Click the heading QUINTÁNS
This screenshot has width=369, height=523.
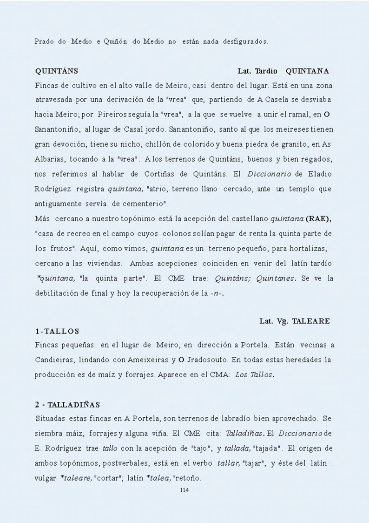(x=56, y=71)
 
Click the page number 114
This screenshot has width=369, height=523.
(x=184, y=490)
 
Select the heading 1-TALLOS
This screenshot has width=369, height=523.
(x=57, y=331)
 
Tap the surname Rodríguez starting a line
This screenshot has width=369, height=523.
(x=54, y=189)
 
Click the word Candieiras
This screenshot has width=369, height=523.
(x=53, y=360)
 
